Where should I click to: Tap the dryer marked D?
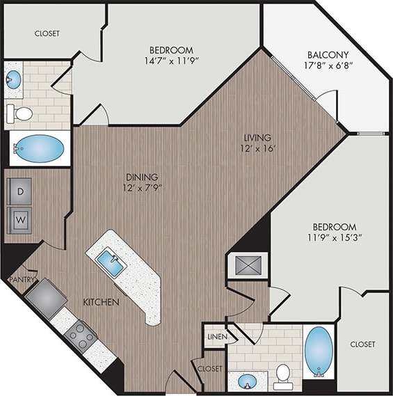20,190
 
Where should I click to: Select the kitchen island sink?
110,263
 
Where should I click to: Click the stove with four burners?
80,335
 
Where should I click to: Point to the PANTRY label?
21,279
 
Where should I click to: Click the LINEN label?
216,337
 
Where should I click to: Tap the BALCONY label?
328,55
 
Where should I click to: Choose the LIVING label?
257,137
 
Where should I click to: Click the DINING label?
142,177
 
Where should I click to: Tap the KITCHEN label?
102,303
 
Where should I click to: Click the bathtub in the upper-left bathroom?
39,148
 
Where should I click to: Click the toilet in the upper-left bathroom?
21,113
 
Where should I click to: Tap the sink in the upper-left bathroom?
14,77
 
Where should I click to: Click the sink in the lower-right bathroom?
247,381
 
